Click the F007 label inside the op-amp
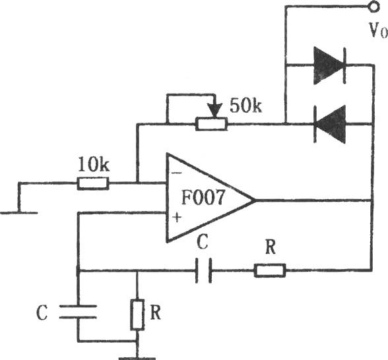pyautogui.click(x=203, y=197)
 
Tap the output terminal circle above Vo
pyautogui.click(x=373, y=6)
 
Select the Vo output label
pyautogui.click(x=378, y=30)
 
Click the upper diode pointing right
pyautogui.click(x=330, y=65)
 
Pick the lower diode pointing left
pyautogui.click(x=330, y=124)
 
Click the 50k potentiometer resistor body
pyautogui.click(x=211, y=124)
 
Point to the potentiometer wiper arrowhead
pyautogui.click(x=214, y=111)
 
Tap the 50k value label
pyautogui.click(x=245, y=105)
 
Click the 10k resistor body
pyautogui.click(x=93, y=183)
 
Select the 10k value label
pyautogui.click(x=94, y=164)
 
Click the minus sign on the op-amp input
pyautogui.click(x=177, y=173)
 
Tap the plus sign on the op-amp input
pyautogui.click(x=177, y=218)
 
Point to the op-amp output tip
pyautogui.click(x=255, y=200)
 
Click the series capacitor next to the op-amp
pyautogui.click(x=203, y=270)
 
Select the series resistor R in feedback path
pyautogui.click(x=270, y=270)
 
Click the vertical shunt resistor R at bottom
pyautogui.click(x=137, y=315)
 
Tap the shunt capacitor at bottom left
pyautogui.click(x=78, y=312)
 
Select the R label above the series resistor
pyautogui.click(x=271, y=247)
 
